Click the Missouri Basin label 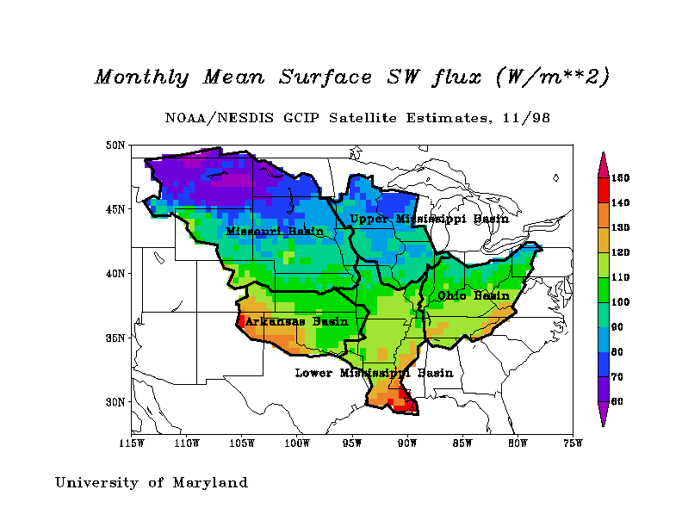[x=275, y=231]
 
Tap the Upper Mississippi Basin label [x=429, y=220]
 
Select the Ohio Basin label [x=474, y=295]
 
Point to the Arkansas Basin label [x=296, y=322]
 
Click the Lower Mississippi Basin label [x=374, y=373]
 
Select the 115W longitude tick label [x=131, y=443]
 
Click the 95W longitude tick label [x=351, y=443]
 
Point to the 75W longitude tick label [x=573, y=443]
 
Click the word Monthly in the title [x=141, y=77]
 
